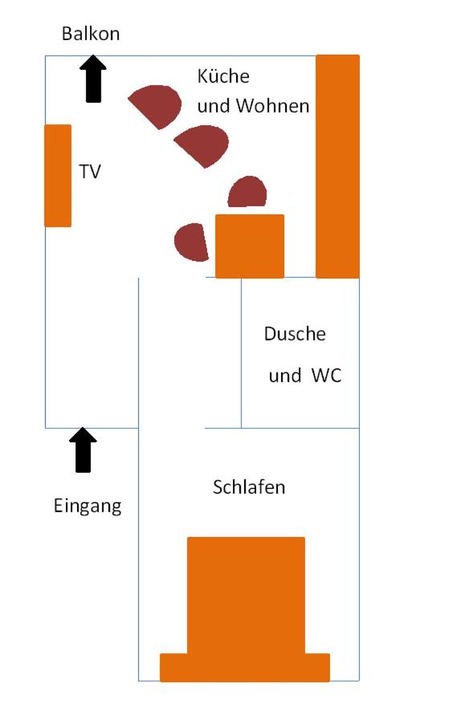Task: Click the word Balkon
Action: coord(91,34)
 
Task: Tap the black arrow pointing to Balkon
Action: coord(93,79)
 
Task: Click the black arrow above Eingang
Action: coord(84,449)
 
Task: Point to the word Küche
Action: coord(223,75)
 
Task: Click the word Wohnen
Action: coord(273,106)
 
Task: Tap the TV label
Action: coord(90,172)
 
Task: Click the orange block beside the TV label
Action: coord(58,176)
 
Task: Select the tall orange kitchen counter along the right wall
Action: coord(337,166)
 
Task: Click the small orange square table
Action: coord(250,246)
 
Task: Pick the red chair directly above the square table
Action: coord(247,192)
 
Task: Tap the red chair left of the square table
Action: coord(191,242)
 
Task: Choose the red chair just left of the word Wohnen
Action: coord(202,145)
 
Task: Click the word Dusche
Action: coord(295,334)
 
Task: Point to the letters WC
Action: coord(327,376)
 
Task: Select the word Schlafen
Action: coord(249,487)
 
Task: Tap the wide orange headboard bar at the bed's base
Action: coord(245,668)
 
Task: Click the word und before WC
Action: coord(285,376)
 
